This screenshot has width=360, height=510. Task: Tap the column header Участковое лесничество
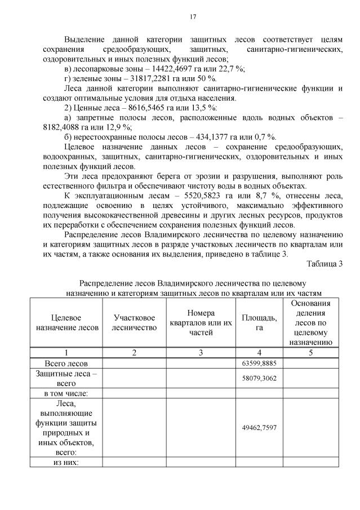134,322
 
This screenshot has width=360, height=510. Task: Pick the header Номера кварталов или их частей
201,322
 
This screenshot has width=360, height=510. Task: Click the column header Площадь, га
259,322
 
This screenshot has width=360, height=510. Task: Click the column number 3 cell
201,352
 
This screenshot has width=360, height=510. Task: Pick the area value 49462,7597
259,428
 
